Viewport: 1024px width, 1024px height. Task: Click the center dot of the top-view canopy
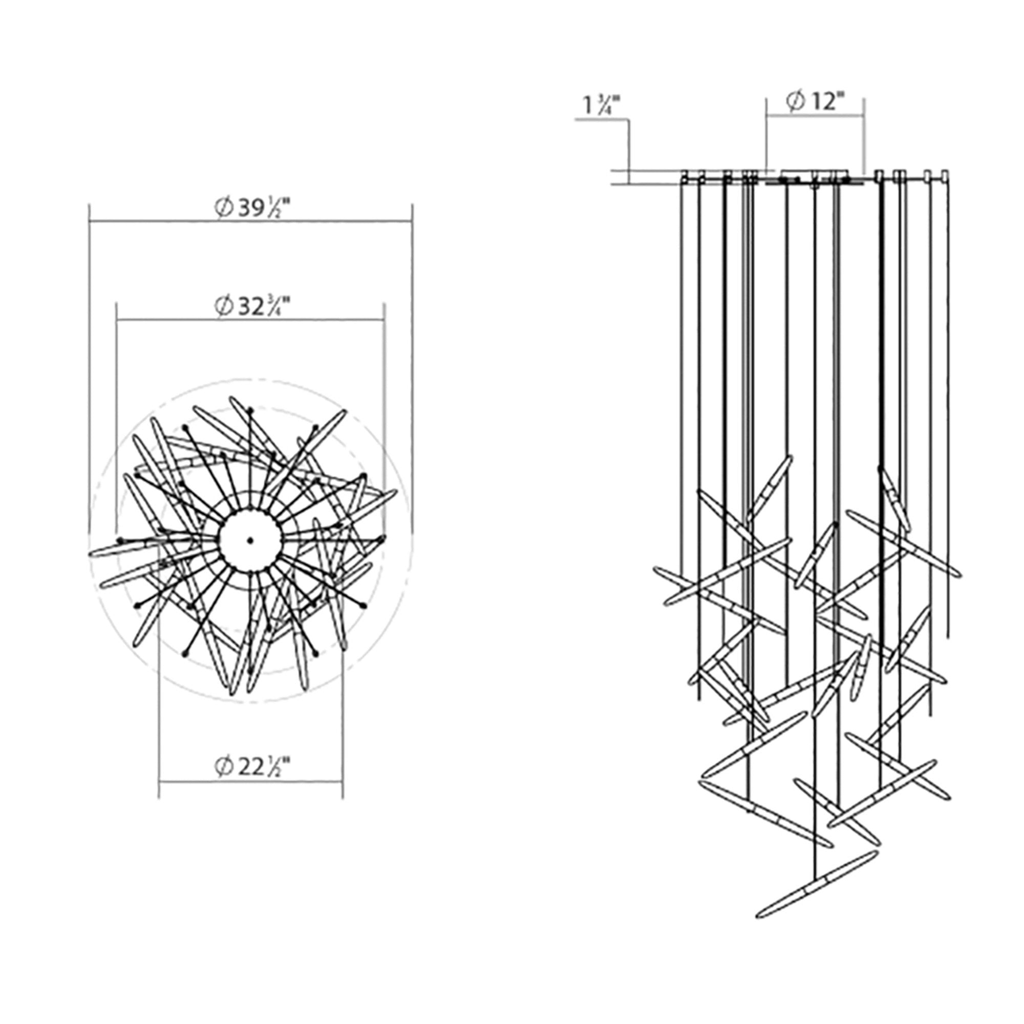click(x=250, y=540)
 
